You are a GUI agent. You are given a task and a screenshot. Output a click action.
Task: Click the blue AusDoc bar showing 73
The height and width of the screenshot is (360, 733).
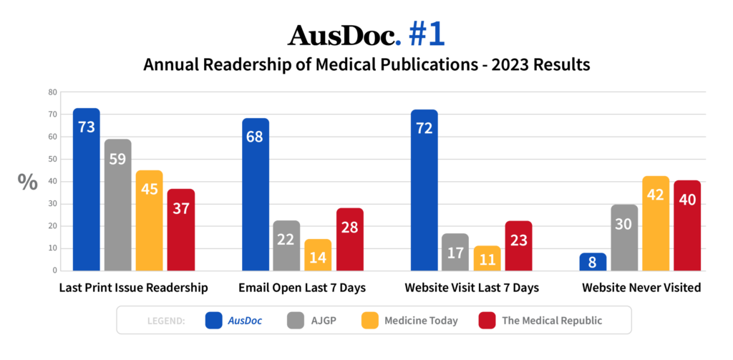[x=86, y=190]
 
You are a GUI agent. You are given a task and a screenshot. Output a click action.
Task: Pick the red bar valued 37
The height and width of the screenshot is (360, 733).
[x=180, y=230]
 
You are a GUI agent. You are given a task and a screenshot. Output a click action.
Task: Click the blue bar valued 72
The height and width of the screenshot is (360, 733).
[x=424, y=190]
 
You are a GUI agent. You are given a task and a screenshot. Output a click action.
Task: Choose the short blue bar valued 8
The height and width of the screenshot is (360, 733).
[x=593, y=262]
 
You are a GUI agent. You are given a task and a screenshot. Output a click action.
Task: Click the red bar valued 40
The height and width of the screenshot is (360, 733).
[x=687, y=225]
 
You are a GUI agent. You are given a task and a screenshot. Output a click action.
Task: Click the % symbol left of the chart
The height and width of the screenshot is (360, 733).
[x=28, y=182]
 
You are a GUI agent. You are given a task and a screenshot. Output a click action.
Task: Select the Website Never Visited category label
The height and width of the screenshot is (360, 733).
[x=640, y=288]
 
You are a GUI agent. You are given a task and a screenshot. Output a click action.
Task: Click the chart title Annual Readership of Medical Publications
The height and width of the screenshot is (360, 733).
[x=366, y=64]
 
